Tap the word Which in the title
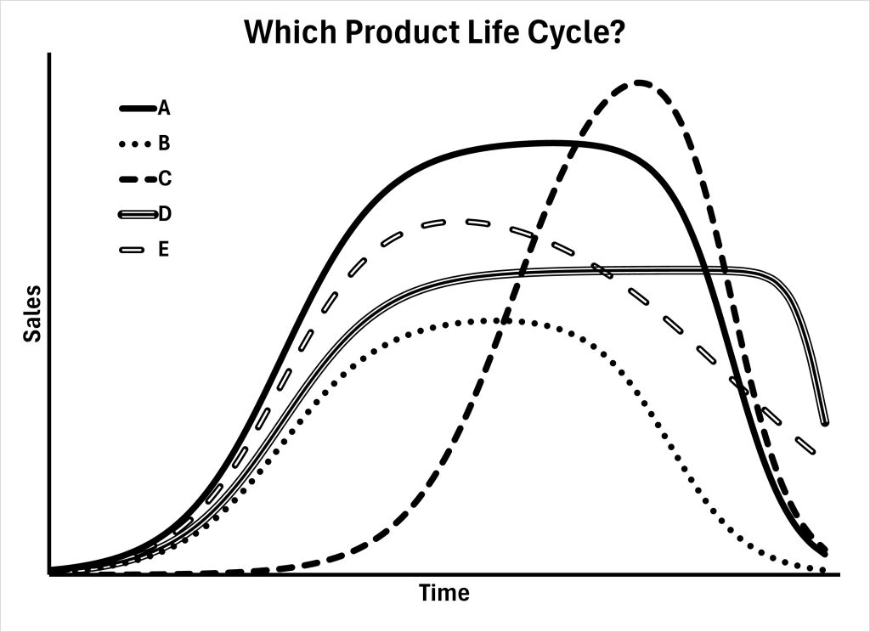coord(283,33)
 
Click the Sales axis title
coord(31,314)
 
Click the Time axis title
coord(443,593)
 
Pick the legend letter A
coord(164,109)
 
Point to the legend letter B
coord(164,143)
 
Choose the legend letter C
coord(165,178)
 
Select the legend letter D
coord(165,213)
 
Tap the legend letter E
coord(164,249)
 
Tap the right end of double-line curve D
coord(824,421)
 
